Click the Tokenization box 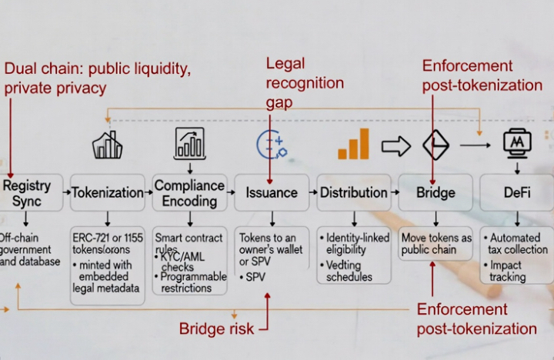(108, 192)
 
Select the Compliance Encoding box (189, 192)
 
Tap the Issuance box (272, 192)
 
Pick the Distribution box (354, 192)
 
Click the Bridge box (435, 192)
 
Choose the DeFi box (516, 192)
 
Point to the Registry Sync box (27, 192)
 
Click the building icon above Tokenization (108, 145)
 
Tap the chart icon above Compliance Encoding (189, 143)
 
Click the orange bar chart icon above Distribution (353, 144)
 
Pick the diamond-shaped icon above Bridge (436, 145)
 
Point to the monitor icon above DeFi (516, 144)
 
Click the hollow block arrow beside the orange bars (396, 145)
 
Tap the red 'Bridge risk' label (216, 328)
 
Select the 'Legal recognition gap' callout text (295, 82)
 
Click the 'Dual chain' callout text (97, 78)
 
